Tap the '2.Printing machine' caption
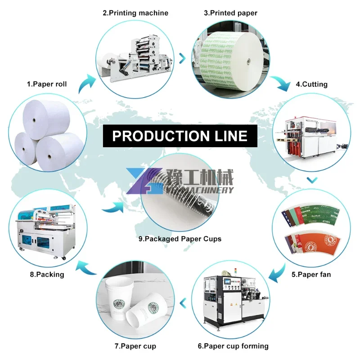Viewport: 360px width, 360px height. point(135,13)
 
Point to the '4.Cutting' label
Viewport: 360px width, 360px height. point(311,84)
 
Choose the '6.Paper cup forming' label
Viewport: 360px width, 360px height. point(233,346)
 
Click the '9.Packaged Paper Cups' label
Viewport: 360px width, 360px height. point(180,239)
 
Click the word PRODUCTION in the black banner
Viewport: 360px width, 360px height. point(160,136)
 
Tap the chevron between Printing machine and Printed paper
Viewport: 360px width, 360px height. point(182,58)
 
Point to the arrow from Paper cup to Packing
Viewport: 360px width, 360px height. point(88,270)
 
